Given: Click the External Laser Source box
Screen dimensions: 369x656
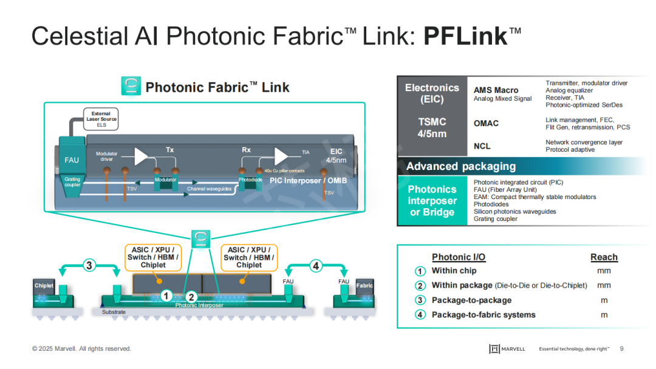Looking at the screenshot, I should tap(101, 119).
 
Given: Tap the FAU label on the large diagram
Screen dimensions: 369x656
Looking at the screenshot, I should tap(72, 160).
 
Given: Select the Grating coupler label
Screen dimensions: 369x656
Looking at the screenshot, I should tap(72, 182).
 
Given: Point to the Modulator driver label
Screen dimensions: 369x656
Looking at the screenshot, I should tap(107, 157).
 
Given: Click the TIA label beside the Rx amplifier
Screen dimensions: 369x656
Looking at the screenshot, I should tap(306, 152).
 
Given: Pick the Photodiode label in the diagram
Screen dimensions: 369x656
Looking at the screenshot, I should tap(250, 180).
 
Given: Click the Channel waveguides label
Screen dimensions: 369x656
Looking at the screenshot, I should tap(210, 189).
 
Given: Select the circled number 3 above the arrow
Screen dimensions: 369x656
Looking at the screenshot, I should tap(89, 265).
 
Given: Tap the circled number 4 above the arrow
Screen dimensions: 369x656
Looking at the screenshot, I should tap(315, 265).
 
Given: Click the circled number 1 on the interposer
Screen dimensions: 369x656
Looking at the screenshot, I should tap(165, 296).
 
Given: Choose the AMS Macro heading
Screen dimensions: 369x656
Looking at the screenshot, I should tap(496, 90).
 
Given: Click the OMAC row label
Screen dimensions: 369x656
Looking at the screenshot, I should tap(486, 123).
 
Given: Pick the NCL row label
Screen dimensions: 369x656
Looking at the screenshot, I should tap(482, 146).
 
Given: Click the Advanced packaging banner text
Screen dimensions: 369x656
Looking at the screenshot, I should tap(460, 166).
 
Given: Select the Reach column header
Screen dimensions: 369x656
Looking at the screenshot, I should tap(604, 257).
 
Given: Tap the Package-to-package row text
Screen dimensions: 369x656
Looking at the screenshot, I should tap(471, 300).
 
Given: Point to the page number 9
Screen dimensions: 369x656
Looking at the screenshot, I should tap(621, 348).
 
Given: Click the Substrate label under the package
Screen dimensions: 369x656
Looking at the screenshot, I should tap(114, 312).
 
